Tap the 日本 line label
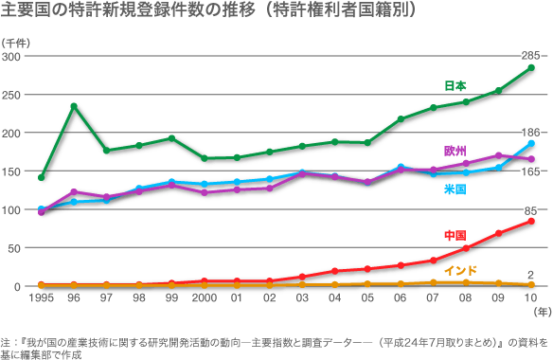[x=455, y=85]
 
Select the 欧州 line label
[x=455, y=151]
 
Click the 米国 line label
[x=455, y=189]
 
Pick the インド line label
[x=460, y=270]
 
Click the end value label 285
[x=531, y=56]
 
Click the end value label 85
[x=531, y=209]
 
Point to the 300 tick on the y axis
[x=12, y=57]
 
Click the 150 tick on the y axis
[x=12, y=171]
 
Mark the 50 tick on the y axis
[x=15, y=248]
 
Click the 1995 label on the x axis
[x=41, y=298]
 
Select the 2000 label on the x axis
[x=204, y=298]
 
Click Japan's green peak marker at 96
[x=74, y=106]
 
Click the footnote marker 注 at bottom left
[x=6, y=339]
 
